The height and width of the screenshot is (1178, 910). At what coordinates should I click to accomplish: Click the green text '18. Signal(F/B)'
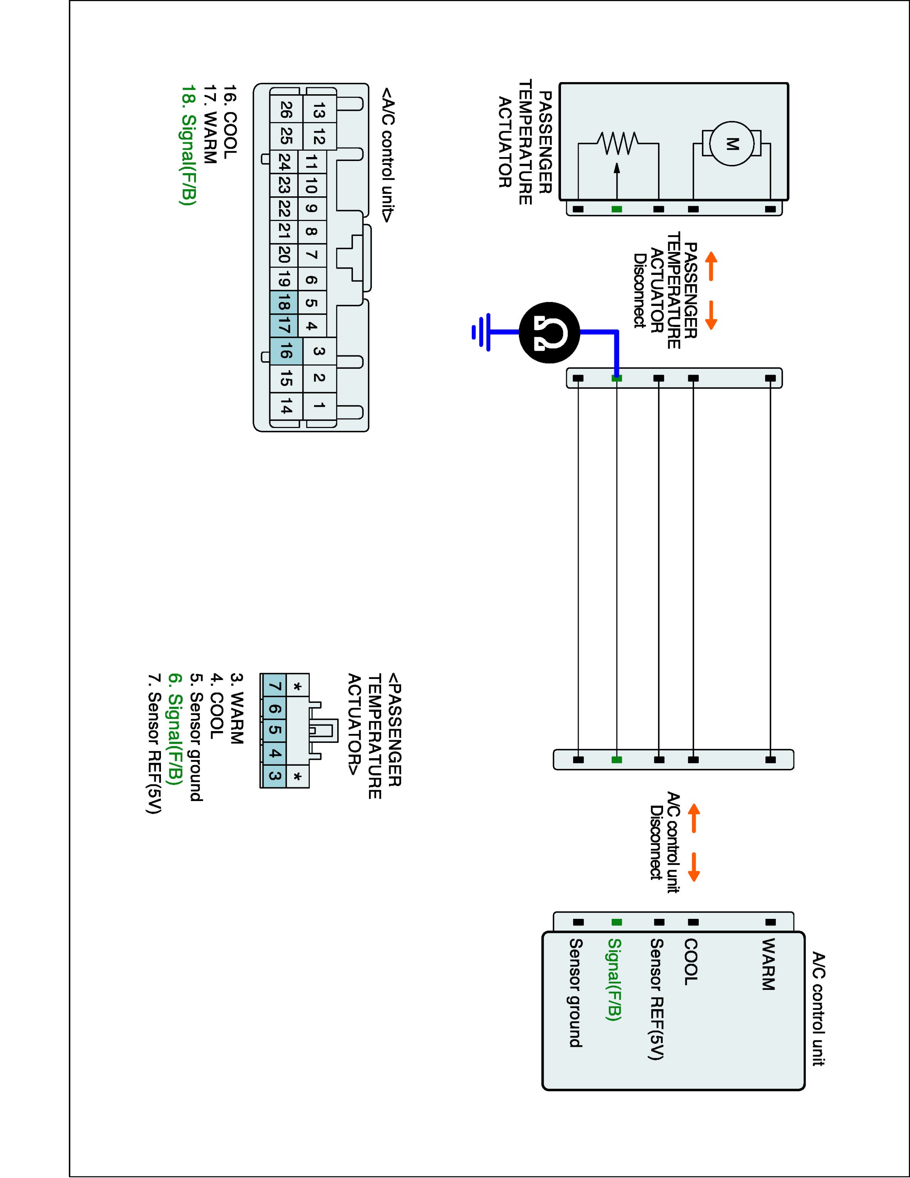pos(188,145)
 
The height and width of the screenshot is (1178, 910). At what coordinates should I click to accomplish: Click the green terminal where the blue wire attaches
pos(617,379)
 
